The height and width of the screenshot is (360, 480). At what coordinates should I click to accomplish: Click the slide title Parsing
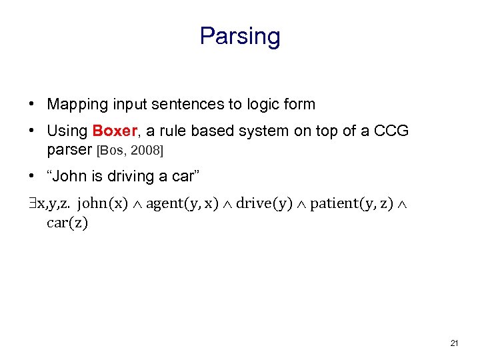pyautogui.click(x=240, y=36)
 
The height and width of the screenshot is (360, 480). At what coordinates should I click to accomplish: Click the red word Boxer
pyautogui.click(x=115, y=131)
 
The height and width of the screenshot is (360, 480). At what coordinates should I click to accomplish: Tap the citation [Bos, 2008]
pyautogui.click(x=130, y=151)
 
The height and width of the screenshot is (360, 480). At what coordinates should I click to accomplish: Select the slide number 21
pyautogui.click(x=454, y=343)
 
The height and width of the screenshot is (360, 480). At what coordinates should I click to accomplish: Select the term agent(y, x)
pyautogui.click(x=182, y=203)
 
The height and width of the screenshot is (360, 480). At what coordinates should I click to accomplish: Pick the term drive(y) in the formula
pyautogui.click(x=264, y=203)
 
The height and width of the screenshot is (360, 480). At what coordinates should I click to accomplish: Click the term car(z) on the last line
pyautogui.click(x=67, y=223)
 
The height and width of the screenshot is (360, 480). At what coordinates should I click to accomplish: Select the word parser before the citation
pyautogui.click(x=70, y=150)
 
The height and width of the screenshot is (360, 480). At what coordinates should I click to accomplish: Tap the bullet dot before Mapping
pyautogui.click(x=32, y=105)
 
